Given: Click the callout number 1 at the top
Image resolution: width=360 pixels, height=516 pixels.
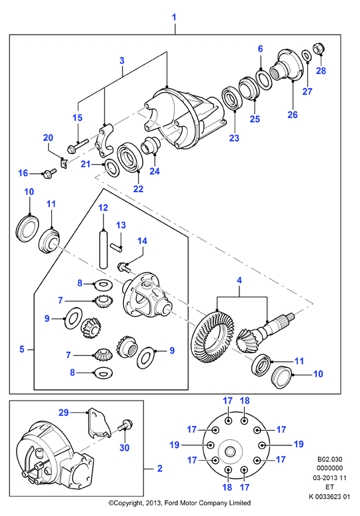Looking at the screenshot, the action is click(x=174, y=17).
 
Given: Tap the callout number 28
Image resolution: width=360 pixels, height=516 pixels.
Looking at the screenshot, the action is click(x=321, y=71).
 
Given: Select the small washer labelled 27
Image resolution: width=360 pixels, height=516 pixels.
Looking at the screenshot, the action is click(x=307, y=56).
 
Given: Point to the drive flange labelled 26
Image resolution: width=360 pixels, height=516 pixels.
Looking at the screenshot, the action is click(x=286, y=65).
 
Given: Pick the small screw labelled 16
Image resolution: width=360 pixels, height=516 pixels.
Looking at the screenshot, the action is click(x=49, y=173).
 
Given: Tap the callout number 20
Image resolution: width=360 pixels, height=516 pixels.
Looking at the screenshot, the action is click(x=48, y=137).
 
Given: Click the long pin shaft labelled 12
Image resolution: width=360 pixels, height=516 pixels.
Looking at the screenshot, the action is click(x=103, y=249).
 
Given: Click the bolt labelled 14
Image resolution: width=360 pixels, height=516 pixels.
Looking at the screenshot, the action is click(x=124, y=267).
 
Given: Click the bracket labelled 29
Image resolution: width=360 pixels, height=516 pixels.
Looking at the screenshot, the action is click(x=97, y=423).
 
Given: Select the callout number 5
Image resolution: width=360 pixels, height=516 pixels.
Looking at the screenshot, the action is click(x=22, y=349).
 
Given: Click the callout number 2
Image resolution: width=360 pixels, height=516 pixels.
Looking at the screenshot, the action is click(x=159, y=468).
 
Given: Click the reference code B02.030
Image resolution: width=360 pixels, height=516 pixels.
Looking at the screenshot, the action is click(x=330, y=459).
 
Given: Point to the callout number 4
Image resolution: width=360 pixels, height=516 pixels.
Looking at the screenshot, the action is click(x=239, y=281).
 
